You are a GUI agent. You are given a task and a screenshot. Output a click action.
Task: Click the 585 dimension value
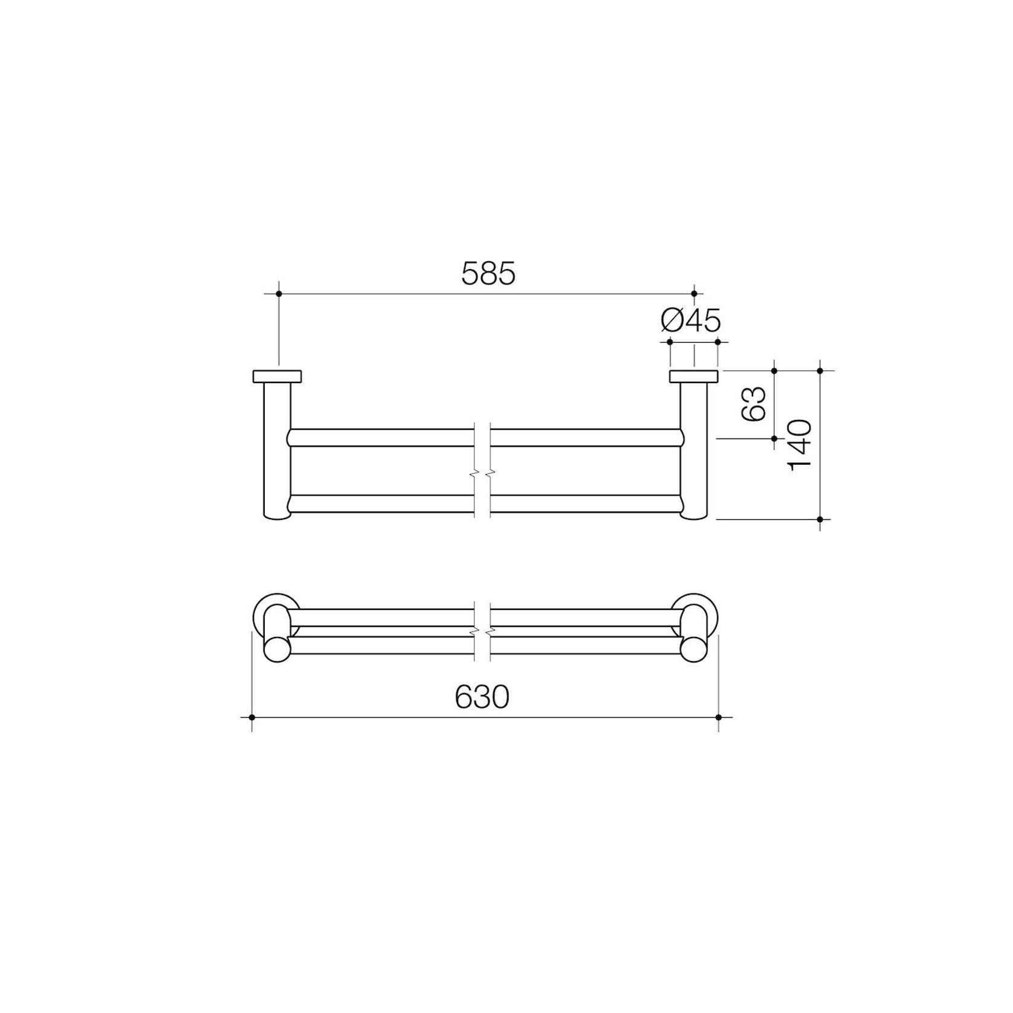[488, 274]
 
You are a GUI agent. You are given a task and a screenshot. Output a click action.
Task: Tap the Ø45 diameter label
[691, 320]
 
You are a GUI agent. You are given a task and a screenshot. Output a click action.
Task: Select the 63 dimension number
[753, 403]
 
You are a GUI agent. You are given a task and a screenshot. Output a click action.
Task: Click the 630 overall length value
[482, 697]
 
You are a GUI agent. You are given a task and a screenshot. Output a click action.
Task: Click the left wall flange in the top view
[277, 376]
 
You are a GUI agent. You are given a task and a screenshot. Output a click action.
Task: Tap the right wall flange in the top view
[693, 376]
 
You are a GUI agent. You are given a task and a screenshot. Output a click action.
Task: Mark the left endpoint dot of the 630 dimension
[251, 717]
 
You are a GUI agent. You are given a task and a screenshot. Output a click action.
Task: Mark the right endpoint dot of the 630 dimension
[719, 717]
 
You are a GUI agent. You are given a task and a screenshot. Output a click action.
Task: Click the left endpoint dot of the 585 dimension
[279, 294]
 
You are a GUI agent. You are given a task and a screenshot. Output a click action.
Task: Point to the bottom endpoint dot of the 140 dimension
[820, 519]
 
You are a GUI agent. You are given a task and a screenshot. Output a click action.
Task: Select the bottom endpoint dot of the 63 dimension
[774, 438]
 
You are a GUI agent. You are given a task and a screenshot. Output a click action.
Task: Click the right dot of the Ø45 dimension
[717, 342]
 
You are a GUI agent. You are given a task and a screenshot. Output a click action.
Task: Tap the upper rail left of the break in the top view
[381, 438]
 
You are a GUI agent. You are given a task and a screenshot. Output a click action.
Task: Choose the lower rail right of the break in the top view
[586, 503]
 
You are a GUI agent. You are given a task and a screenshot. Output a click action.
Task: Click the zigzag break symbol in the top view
[482, 470]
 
